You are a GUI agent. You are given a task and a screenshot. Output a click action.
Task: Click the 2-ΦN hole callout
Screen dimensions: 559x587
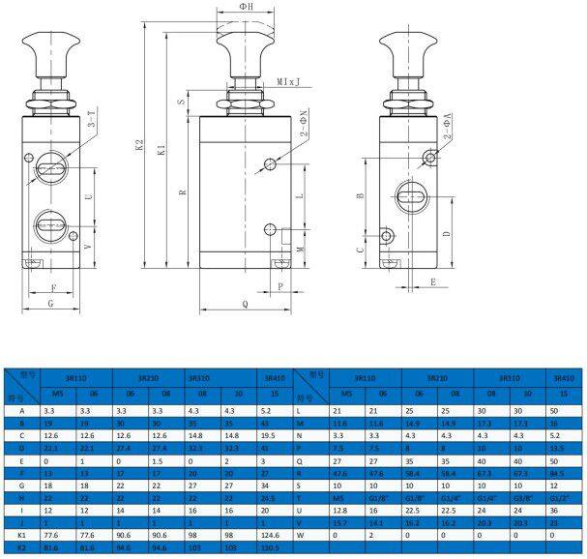coord(302,124)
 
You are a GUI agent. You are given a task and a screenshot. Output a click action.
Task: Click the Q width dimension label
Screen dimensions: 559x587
coord(244,303)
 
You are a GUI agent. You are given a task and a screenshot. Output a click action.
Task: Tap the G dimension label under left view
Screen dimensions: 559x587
coord(50,304)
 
